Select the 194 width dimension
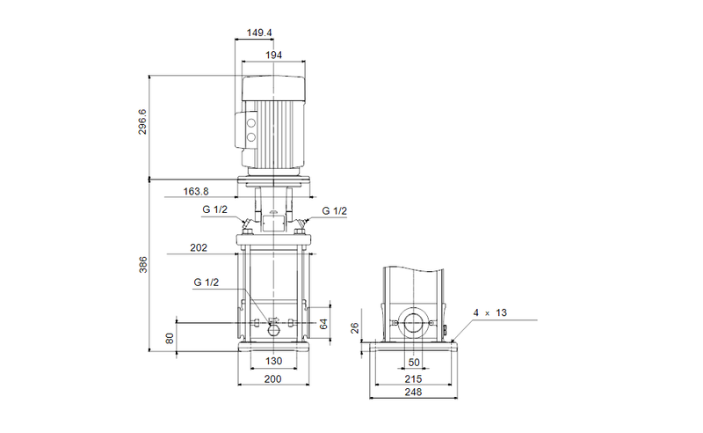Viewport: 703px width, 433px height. coord(274,55)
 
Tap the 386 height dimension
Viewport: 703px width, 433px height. coord(142,265)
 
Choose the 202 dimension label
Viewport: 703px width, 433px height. coord(199,248)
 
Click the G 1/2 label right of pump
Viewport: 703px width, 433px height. coord(334,210)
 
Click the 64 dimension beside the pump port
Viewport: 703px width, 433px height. coord(323,324)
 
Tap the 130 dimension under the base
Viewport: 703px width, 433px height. coord(273,362)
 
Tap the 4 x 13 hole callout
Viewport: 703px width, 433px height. coord(489,312)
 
